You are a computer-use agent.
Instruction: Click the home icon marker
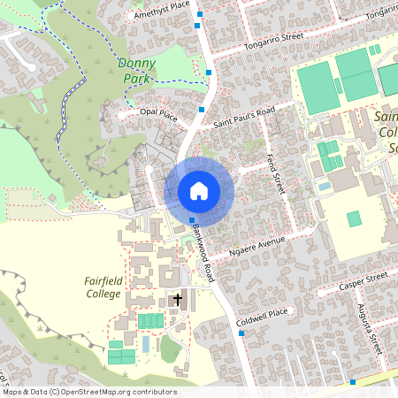(199, 190)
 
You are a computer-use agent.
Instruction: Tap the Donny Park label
(135, 71)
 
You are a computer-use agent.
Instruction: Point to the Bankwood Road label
(203, 249)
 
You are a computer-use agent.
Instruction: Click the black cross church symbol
(177, 300)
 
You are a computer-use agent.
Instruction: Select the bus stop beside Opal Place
(203, 110)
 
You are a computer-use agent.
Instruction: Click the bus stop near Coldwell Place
(241, 334)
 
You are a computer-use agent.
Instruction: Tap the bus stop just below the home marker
(192, 220)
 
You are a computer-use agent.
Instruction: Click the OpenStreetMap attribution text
(88, 392)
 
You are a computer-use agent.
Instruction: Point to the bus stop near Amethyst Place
(201, 15)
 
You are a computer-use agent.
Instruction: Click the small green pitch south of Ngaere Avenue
(354, 218)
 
